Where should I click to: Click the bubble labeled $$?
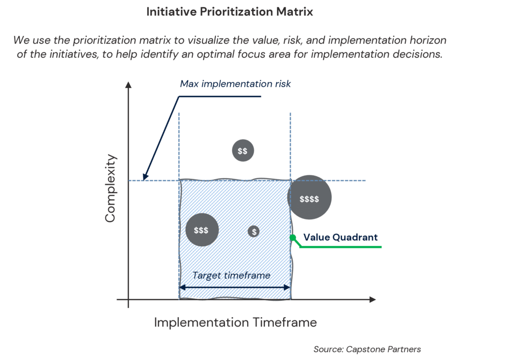pos(243,151)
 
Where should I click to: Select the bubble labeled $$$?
pos(201,230)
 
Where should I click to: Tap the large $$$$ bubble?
pos(309,199)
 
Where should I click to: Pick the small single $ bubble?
pos(254,231)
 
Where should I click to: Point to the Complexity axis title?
pos(111,188)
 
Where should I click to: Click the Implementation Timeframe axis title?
pos(235,323)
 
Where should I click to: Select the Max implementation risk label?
pos(235,84)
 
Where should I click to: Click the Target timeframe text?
pos(231,276)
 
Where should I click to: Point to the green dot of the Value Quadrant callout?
pos(293,238)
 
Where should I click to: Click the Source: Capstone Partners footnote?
pos(367,349)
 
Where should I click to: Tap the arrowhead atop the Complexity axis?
pos(128,85)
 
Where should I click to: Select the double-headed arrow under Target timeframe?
pos(235,287)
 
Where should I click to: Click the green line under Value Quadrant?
pos(341,245)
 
